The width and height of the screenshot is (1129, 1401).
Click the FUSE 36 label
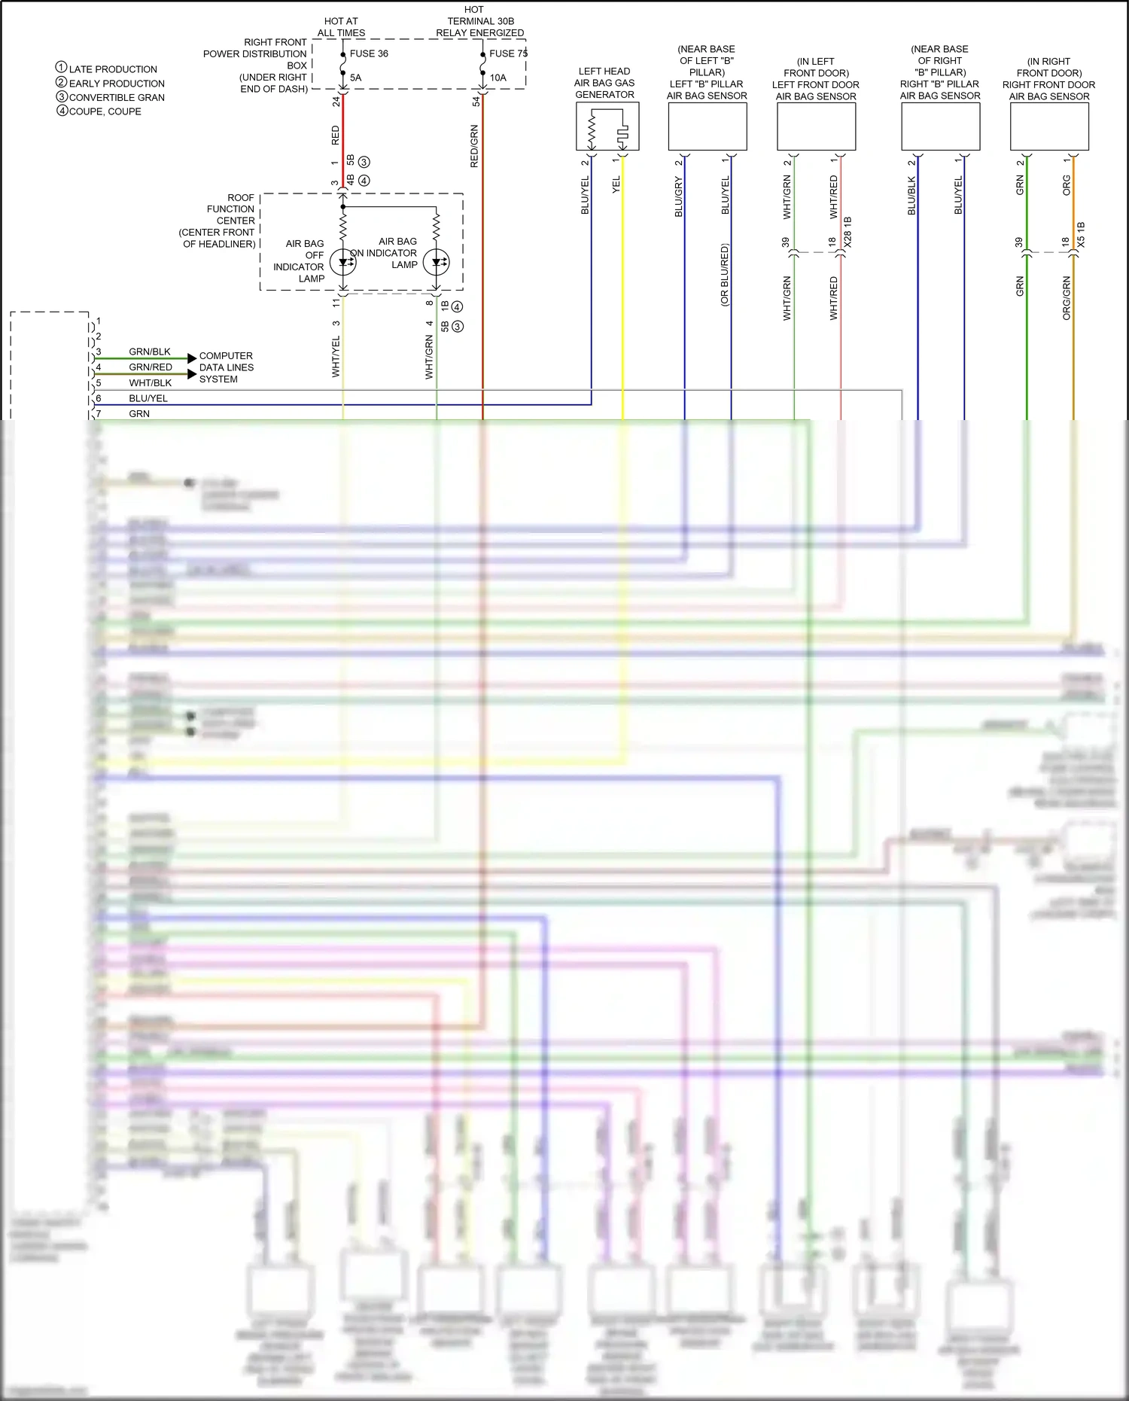point(369,53)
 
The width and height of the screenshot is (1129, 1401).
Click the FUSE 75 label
point(508,53)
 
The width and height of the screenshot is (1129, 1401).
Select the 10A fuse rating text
point(498,78)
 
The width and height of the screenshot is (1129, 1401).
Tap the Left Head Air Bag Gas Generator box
point(607,126)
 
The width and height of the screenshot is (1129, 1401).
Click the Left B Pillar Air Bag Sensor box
point(708,126)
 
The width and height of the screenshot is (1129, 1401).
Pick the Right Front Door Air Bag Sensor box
point(1049,126)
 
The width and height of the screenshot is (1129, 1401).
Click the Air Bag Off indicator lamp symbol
point(343,262)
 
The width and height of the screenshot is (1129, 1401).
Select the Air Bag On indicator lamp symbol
point(437,262)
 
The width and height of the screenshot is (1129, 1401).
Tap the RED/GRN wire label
point(474,146)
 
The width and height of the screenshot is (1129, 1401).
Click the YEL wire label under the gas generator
point(616,184)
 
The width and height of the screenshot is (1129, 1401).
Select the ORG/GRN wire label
point(1067,298)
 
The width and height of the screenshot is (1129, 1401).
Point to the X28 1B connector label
point(848,233)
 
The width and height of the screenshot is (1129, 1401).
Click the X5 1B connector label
point(1082,236)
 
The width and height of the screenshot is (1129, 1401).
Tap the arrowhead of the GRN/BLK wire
point(192,358)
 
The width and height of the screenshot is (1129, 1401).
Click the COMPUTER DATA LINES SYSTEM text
point(226,367)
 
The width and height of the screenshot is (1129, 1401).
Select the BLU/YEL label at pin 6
point(148,398)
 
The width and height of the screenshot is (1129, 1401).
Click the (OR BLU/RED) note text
point(725,275)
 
